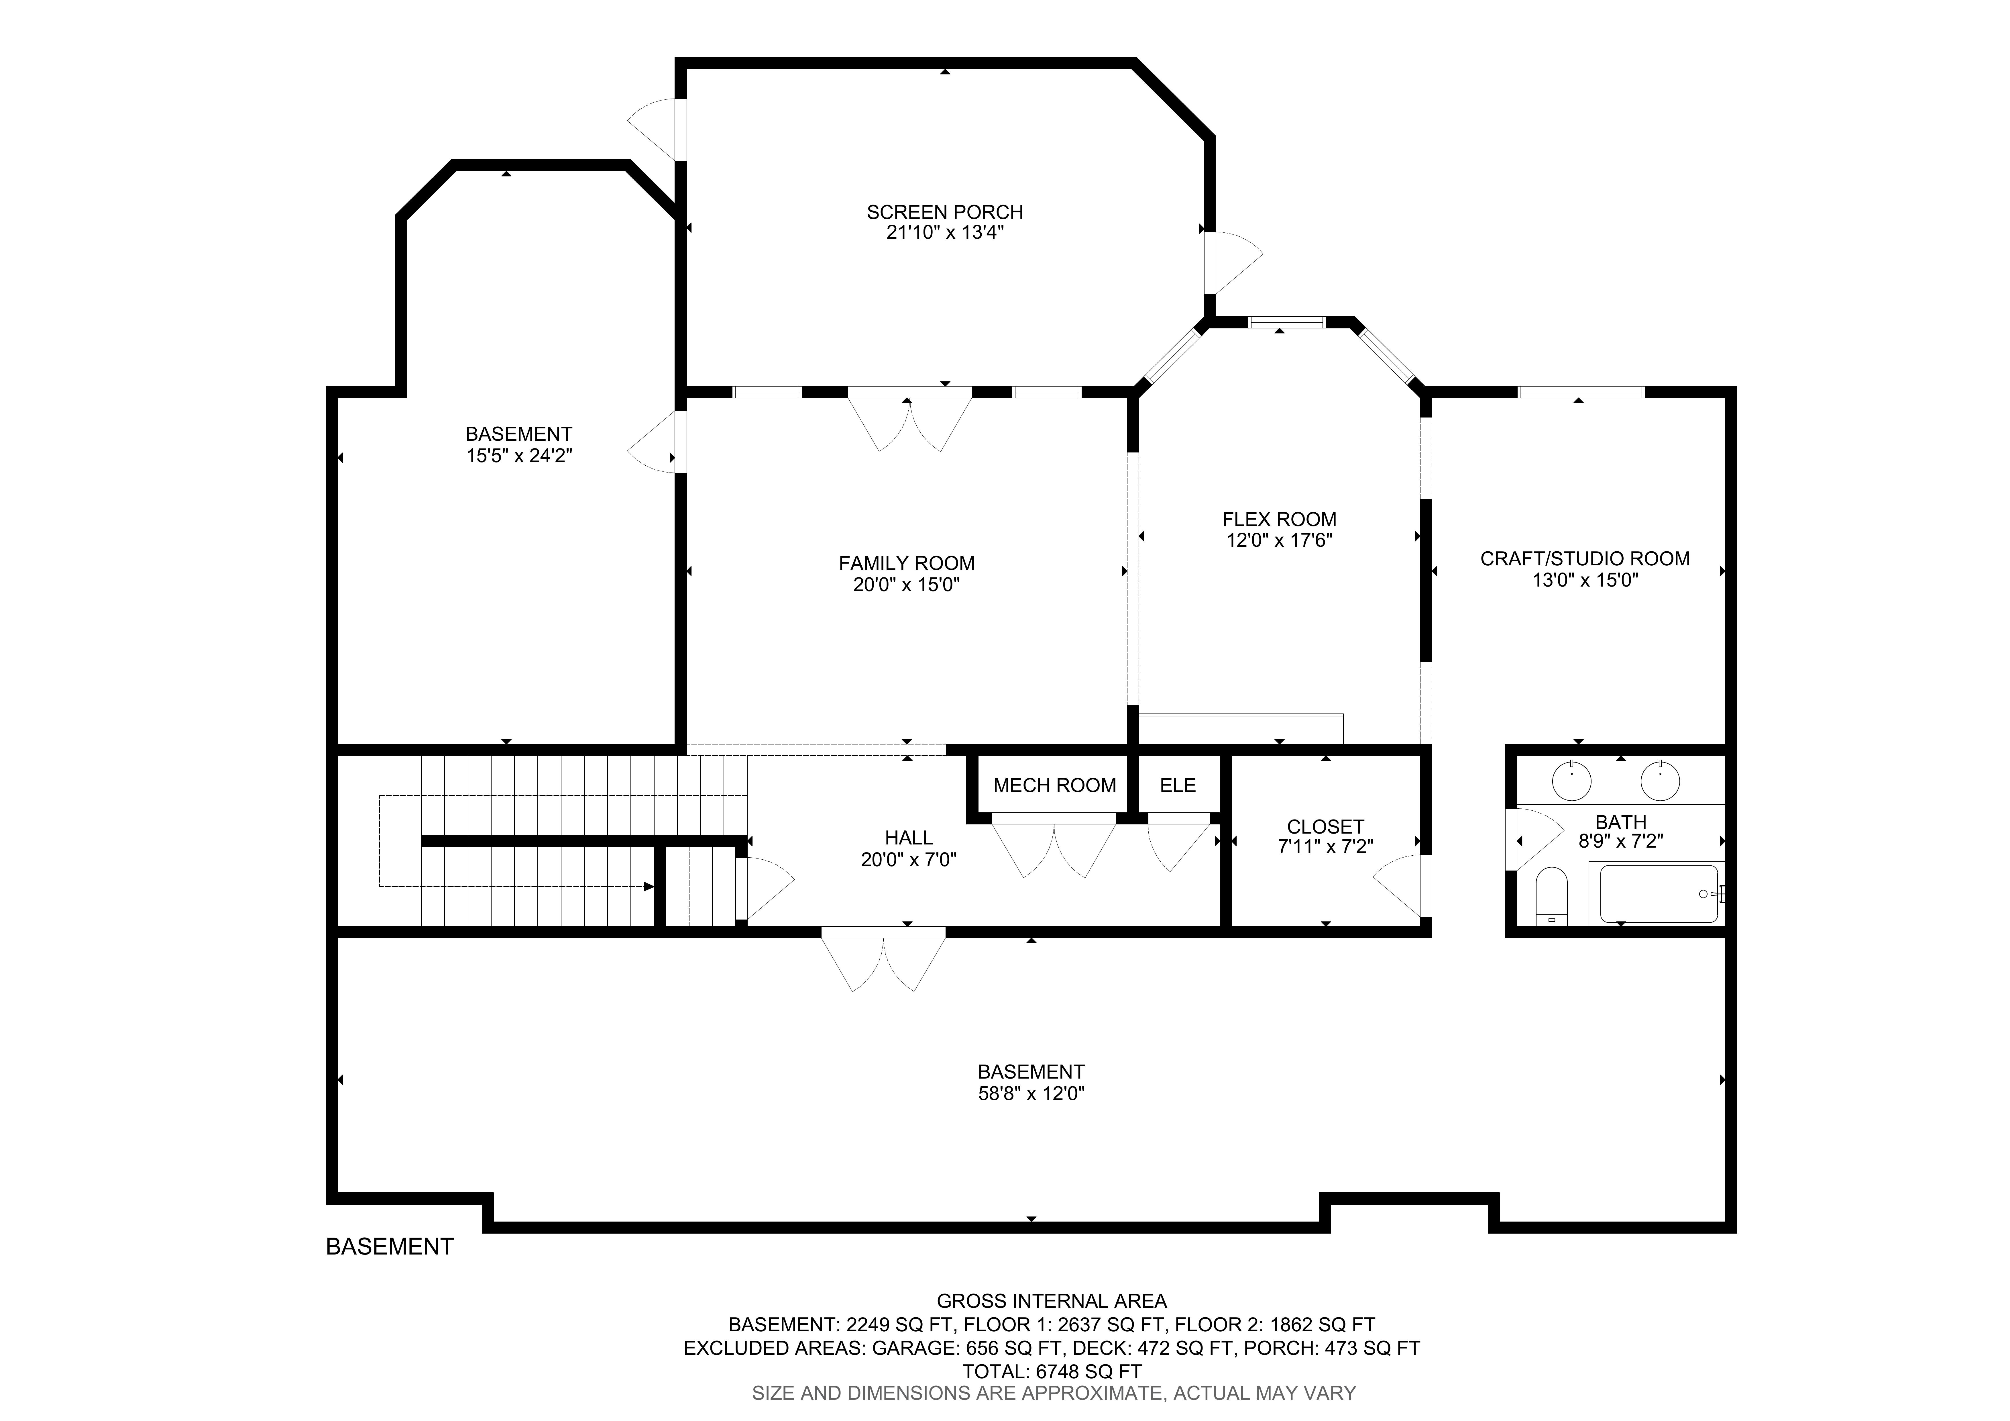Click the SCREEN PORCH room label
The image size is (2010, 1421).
tap(945, 212)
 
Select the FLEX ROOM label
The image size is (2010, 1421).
tap(1279, 519)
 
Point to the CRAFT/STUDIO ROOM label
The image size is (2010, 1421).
tap(1585, 558)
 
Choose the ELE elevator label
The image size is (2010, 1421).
tap(1178, 785)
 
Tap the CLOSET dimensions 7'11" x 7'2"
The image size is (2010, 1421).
tap(1325, 847)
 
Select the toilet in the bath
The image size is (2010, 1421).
tap(1551, 896)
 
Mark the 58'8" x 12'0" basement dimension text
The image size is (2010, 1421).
tap(1031, 1093)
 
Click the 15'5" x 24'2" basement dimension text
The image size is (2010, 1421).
tap(519, 455)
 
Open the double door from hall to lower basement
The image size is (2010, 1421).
tap(883, 963)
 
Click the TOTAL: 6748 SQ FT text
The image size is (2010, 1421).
tap(1051, 1371)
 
